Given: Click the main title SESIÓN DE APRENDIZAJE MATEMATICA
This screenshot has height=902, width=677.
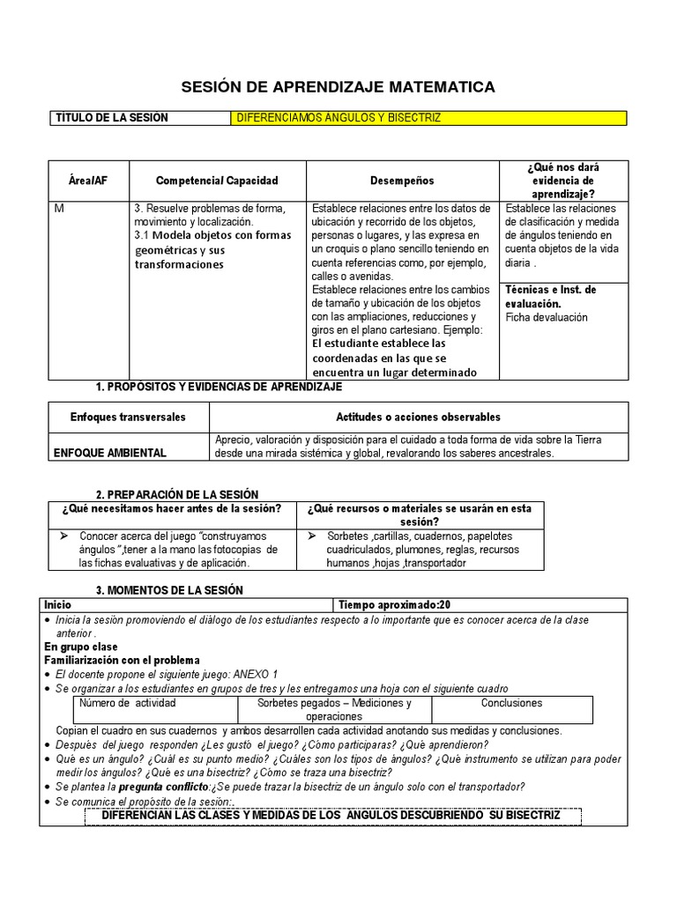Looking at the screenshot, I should [338, 86].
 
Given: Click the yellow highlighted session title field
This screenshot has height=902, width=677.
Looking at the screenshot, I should [428, 118].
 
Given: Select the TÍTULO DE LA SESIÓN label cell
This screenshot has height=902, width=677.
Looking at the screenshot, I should [112, 118].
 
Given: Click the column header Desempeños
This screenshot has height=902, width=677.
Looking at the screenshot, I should [402, 181].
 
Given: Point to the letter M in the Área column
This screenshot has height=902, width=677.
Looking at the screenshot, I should [60, 209].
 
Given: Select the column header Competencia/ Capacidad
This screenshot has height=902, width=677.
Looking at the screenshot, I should [217, 181].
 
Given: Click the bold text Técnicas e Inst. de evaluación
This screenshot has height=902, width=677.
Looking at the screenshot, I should [550, 296].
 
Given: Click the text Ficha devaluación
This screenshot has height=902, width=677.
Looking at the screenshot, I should [547, 317].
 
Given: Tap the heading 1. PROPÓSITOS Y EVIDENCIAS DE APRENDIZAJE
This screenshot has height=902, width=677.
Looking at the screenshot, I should [218, 387].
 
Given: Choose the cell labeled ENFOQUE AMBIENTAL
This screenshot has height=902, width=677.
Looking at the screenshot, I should [110, 453].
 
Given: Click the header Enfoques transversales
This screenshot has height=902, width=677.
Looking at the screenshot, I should [128, 417].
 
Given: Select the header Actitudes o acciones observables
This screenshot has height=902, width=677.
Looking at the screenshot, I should [418, 417].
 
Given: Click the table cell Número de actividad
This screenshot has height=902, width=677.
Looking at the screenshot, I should [128, 703].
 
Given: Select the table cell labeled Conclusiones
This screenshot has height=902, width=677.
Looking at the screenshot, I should [511, 703].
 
